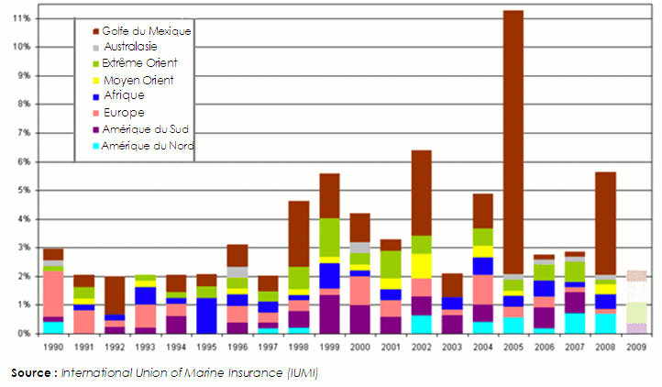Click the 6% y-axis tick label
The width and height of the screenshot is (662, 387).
coord(23,161)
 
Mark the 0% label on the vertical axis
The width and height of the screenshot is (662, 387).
coord(23,333)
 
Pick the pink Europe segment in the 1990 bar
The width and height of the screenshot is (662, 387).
coord(53,293)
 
